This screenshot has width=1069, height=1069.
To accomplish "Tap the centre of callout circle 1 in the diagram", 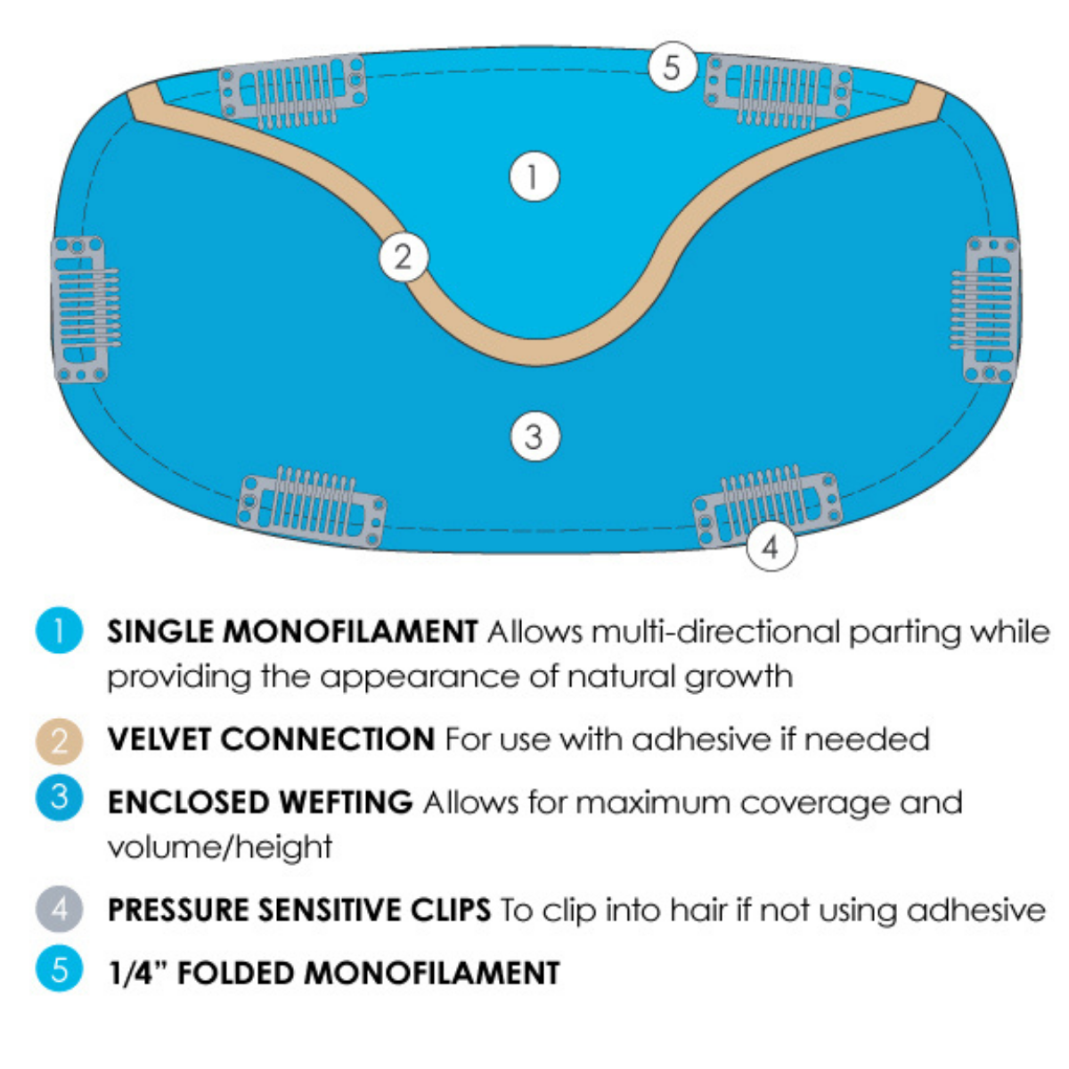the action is point(534,176).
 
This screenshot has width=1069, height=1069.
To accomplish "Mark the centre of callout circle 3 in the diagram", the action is point(534,436).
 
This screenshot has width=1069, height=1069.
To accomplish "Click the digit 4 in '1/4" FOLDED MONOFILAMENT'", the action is point(143,973).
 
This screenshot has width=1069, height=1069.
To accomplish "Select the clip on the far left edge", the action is point(85,309).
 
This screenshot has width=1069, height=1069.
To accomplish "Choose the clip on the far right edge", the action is point(985,309).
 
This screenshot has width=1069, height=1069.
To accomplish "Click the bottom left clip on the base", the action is point(312,506).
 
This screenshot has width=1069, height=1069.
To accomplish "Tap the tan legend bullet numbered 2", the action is point(60,741).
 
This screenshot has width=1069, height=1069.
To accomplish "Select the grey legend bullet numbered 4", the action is point(60,909).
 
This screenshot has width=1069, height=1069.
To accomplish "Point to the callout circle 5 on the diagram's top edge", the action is point(673,67).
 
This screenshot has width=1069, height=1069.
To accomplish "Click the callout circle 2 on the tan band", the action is point(404,257).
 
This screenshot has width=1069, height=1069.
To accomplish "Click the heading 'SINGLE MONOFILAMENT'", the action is point(292,632).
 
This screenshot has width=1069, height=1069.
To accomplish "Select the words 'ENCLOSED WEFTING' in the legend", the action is point(260,802).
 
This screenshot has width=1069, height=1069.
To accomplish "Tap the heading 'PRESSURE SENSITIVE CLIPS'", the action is point(299,910).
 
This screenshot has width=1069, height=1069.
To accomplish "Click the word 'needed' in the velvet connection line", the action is point(867,739).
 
